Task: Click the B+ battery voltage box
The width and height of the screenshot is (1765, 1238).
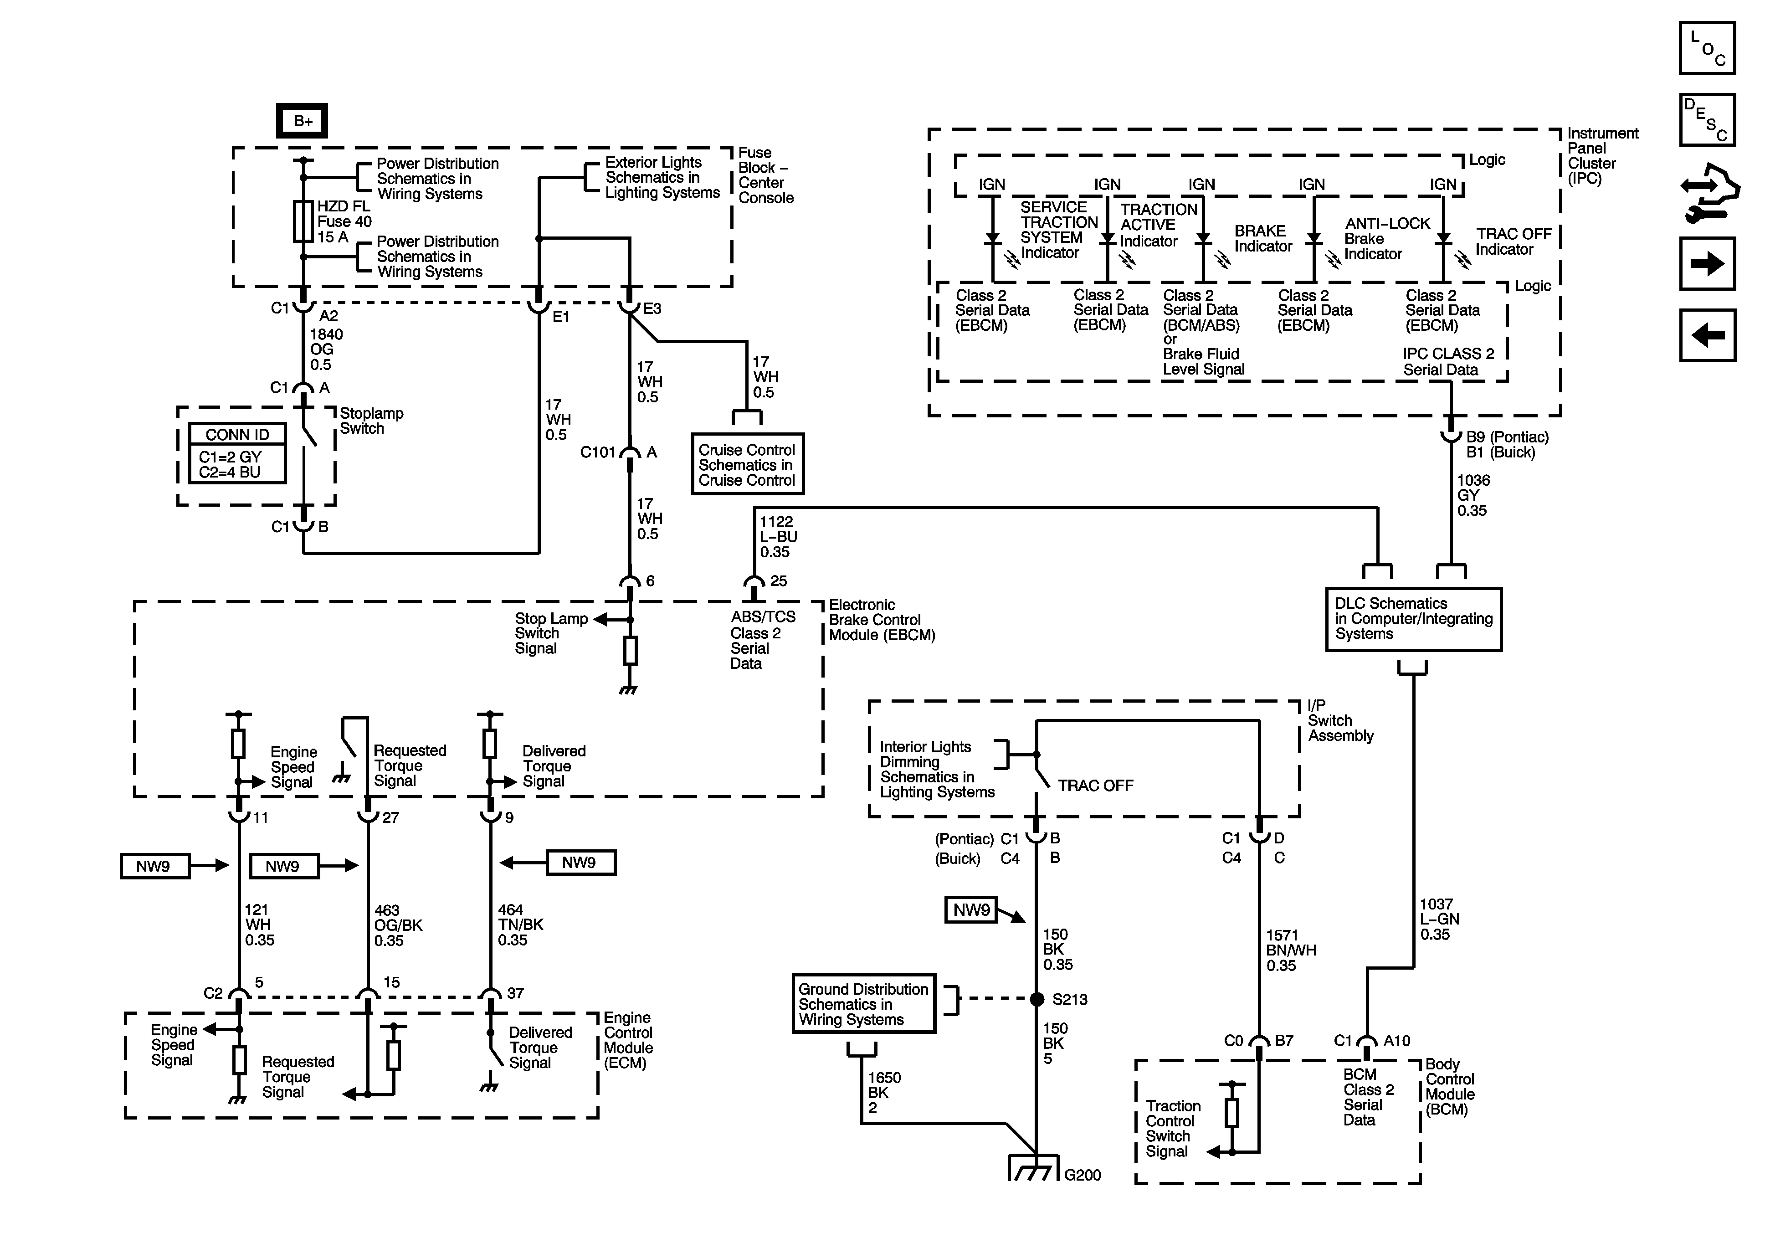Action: click(x=302, y=121)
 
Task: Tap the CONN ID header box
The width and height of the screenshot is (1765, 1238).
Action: click(x=237, y=434)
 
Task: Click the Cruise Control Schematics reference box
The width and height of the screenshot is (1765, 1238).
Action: click(x=747, y=464)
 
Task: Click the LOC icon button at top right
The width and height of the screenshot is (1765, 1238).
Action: click(x=1707, y=48)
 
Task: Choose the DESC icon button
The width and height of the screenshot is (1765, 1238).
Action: click(x=1707, y=120)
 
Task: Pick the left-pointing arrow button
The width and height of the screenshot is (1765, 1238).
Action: click(x=1707, y=335)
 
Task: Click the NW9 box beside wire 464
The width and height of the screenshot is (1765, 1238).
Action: click(x=580, y=863)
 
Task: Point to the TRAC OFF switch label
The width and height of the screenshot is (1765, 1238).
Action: click(x=1095, y=785)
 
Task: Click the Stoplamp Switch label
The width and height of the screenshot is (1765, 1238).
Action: click(x=371, y=421)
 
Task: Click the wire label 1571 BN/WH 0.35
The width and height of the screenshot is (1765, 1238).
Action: click(x=1291, y=950)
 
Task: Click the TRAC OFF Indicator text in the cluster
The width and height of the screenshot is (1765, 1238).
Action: click(x=1514, y=241)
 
